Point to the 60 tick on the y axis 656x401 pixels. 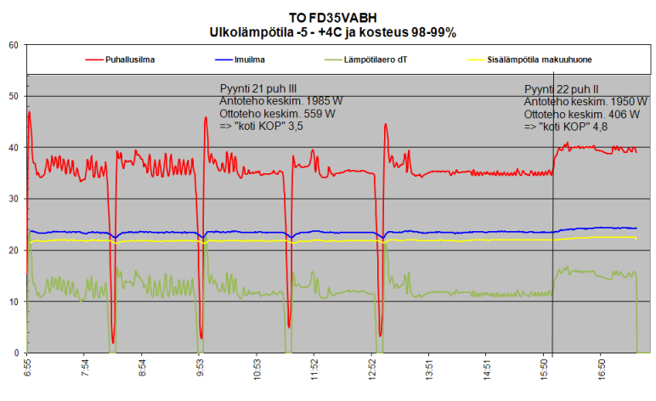14,45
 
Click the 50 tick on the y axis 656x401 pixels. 14,96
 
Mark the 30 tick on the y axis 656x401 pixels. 14,199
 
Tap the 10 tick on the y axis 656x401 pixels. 14,302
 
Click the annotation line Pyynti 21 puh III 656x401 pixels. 258,88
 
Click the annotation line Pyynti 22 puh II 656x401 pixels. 562,88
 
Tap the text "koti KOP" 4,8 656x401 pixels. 566,126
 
